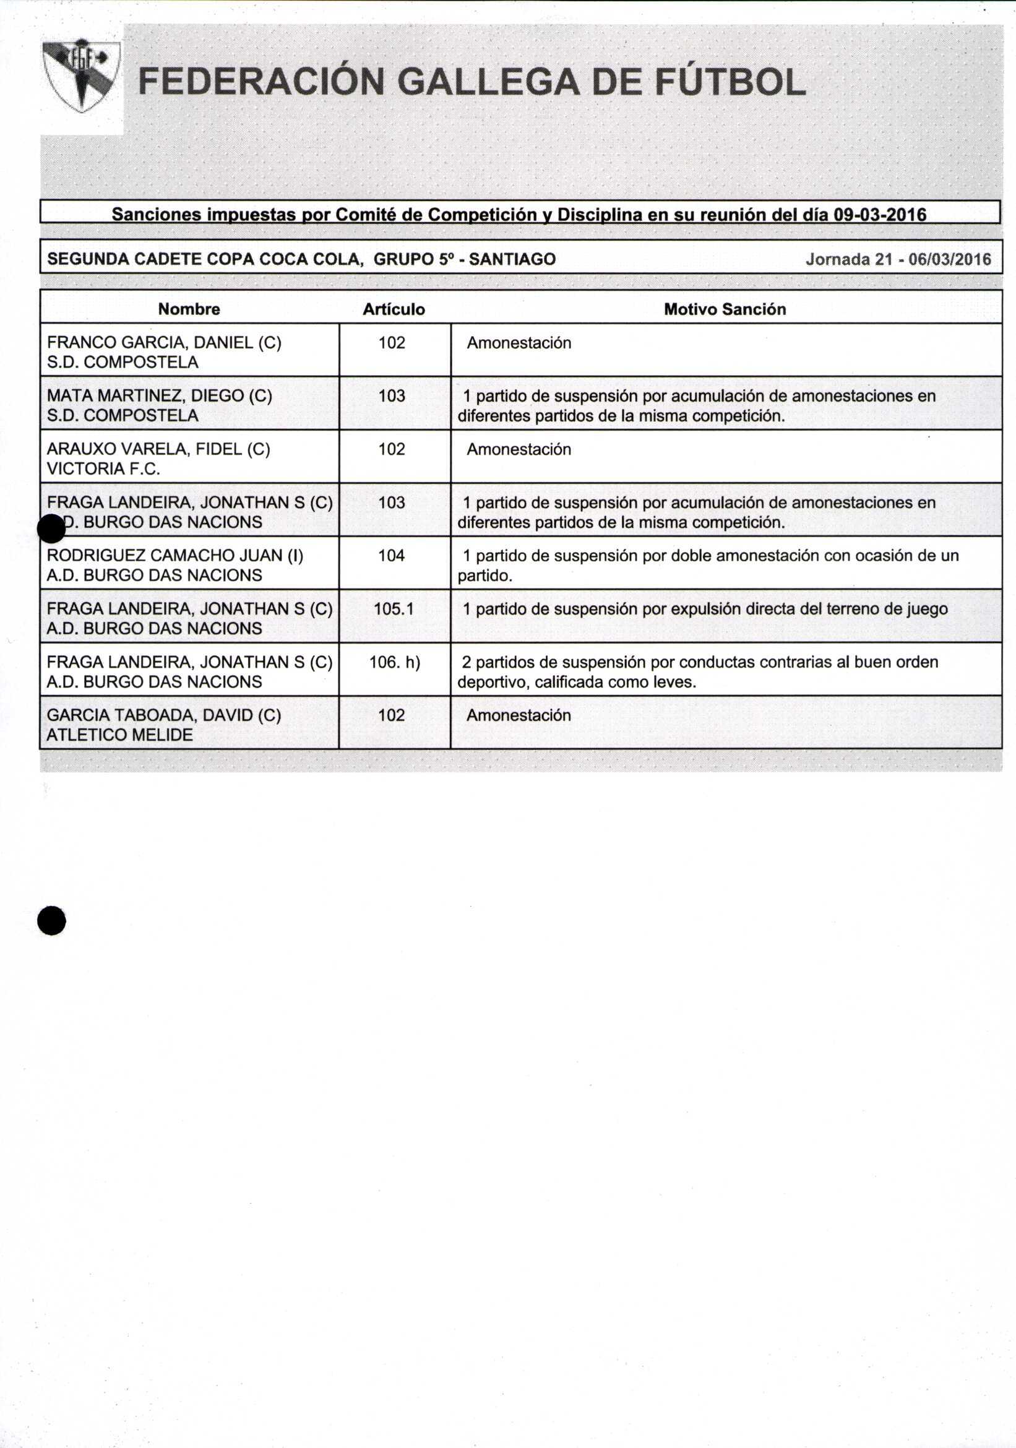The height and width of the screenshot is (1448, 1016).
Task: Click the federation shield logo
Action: (x=81, y=76)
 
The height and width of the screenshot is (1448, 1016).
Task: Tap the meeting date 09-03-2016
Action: (x=880, y=215)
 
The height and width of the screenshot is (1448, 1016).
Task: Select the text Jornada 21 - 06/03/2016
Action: (x=898, y=259)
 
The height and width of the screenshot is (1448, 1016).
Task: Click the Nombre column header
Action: (x=189, y=309)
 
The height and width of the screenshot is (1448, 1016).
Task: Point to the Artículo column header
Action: (x=394, y=309)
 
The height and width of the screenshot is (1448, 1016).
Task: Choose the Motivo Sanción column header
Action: (x=725, y=309)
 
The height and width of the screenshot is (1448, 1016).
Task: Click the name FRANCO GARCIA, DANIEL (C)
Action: (x=164, y=342)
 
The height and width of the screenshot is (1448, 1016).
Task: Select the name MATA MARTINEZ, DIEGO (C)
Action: (x=160, y=395)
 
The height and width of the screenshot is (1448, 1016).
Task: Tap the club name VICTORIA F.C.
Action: (x=103, y=468)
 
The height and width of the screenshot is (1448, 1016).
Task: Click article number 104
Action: (x=391, y=556)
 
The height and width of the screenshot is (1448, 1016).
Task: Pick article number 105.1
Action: (x=394, y=608)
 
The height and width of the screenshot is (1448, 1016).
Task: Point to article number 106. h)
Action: (x=394, y=662)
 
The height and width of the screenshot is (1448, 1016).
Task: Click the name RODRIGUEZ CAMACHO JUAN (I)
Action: (x=174, y=555)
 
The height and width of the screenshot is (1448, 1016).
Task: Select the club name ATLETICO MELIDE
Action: (x=120, y=735)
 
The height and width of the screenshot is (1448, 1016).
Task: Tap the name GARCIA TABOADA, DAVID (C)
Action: (x=164, y=715)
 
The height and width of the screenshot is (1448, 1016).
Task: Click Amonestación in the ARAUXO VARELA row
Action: (x=519, y=449)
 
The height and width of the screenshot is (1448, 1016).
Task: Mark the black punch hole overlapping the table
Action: (x=52, y=528)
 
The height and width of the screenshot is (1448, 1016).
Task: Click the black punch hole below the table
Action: (x=52, y=921)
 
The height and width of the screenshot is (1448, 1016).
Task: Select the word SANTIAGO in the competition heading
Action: (x=512, y=259)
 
